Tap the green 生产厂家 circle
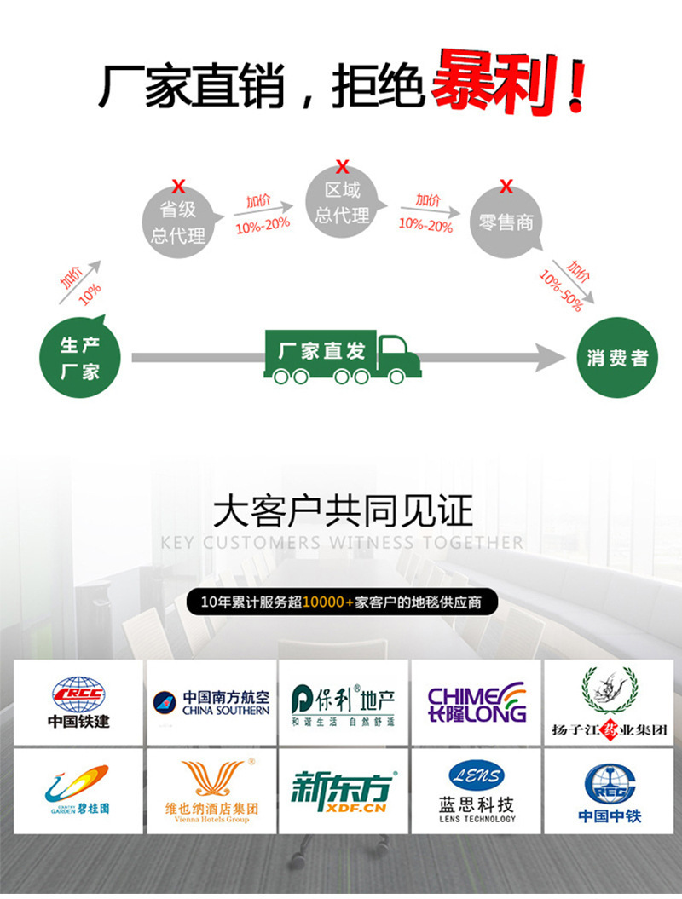pos(81,358)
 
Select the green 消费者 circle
pos(617,358)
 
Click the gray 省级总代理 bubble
pos(178,222)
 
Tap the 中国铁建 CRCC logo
pos(78,702)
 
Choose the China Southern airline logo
pos(211,702)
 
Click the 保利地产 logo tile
pos(344,702)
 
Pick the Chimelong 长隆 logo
pos(477,702)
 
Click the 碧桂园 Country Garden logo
pos(78,791)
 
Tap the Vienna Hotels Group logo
pos(211,791)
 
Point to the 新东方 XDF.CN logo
pos(344,791)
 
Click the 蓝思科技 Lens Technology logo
pos(477,791)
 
